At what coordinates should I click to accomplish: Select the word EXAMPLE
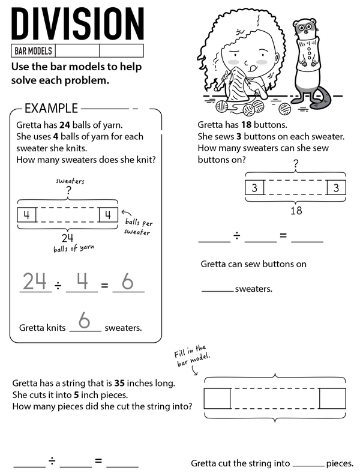51,109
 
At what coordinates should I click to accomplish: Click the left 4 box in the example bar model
27,214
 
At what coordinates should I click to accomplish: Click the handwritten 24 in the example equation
35,281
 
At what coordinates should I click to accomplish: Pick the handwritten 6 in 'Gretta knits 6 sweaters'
85,322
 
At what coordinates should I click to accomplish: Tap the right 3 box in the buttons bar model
336,188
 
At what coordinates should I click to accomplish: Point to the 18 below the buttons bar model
296,211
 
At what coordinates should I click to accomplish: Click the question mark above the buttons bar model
296,163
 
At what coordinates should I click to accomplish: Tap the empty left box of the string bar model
217,399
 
